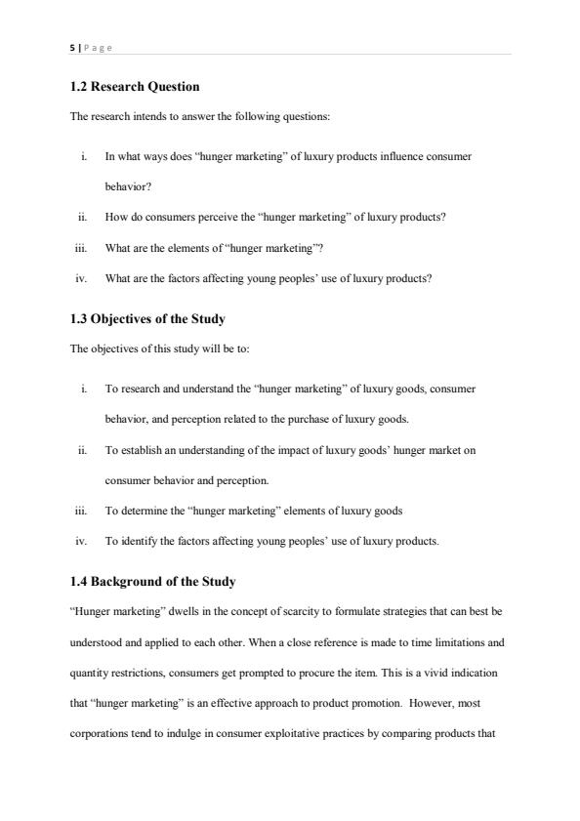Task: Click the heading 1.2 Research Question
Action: click(x=135, y=87)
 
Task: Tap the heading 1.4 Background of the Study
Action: click(x=152, y=582)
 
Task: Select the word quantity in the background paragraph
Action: click(x=88, y=673)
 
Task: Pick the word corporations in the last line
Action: click(x=99, y=735)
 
